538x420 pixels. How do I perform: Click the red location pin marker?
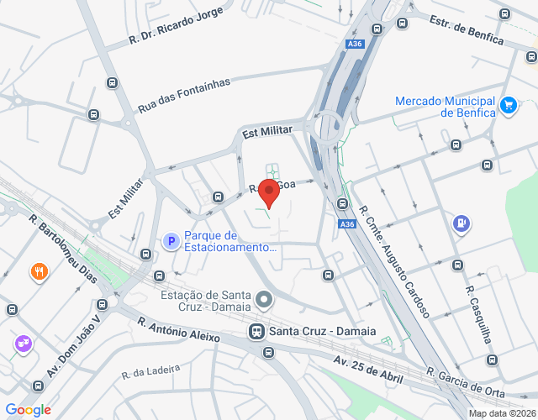268,192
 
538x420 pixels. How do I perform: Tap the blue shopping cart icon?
508,105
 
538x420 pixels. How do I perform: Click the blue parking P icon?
170,242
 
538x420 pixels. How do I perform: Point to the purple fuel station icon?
461,223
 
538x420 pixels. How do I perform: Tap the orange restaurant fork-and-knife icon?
39,271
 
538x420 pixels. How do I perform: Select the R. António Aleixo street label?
178,328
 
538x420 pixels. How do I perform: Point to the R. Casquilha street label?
483,318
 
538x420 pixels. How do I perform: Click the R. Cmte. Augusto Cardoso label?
394,260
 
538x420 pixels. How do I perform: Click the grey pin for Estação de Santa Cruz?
265,299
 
